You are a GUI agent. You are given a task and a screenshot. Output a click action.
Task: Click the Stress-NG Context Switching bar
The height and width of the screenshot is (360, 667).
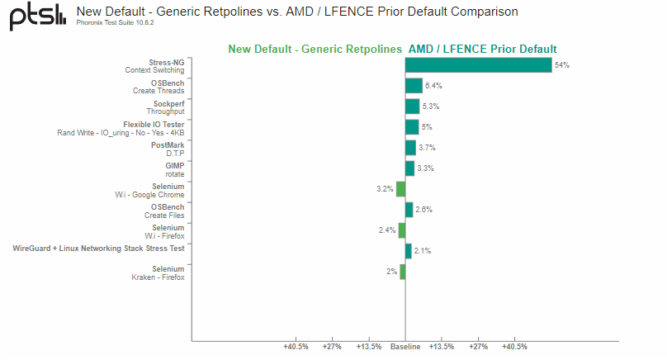point(478,65)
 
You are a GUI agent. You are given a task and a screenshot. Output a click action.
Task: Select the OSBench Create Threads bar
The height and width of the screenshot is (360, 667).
point(414,86)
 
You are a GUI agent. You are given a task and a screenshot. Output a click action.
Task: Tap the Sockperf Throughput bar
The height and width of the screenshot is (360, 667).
point(412,107)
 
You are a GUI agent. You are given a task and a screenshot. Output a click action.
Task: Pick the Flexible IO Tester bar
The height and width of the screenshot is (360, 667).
point(412,127)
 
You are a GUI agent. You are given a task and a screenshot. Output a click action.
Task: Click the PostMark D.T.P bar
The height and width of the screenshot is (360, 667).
point(410,148)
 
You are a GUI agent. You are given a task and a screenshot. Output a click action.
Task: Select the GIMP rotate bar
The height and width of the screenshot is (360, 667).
point(409,168)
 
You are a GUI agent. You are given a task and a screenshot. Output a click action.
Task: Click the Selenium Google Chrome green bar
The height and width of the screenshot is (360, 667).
point(400,189)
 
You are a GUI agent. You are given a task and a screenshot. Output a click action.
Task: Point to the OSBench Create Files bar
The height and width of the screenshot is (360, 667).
point(409,210)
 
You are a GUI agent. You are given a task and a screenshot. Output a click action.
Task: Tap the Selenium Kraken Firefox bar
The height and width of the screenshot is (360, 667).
point(402,272)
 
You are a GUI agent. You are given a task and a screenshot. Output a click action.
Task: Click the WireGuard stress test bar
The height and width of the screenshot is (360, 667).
point(408,251)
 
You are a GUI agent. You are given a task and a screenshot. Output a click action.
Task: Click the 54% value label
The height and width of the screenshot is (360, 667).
point(562,65)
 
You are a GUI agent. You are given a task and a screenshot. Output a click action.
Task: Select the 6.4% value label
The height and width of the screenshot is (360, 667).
point(433,86)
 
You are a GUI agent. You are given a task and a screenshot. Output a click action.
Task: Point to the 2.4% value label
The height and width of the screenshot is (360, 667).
point(387,230)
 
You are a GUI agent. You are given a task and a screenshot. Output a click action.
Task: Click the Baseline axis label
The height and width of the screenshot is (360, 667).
point(405,347)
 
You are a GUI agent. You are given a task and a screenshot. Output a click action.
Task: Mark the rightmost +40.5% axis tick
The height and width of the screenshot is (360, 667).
point(514,347)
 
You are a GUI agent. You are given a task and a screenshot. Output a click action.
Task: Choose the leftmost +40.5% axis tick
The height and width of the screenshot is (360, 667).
point(296,347)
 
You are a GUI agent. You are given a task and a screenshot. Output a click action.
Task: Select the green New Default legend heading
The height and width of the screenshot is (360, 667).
point(315,49)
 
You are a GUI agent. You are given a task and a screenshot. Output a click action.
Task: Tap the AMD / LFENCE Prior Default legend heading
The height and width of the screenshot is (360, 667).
point(482,49)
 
